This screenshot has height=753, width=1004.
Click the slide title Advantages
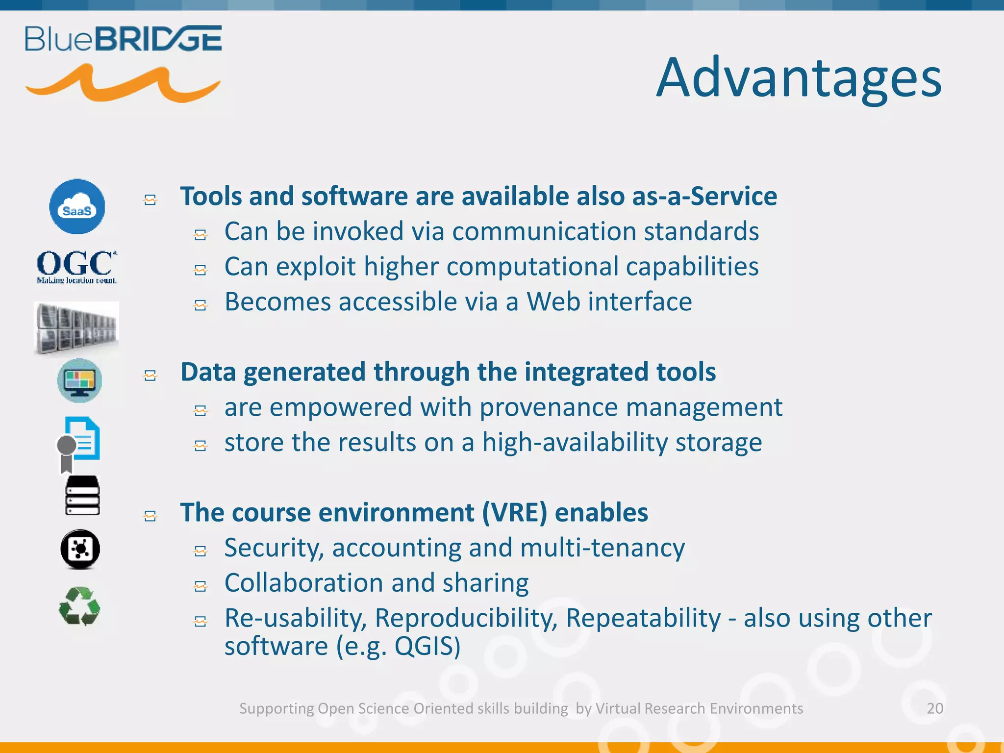[x=799, y=78]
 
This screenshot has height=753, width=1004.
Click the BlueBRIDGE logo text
[x=123, y=39]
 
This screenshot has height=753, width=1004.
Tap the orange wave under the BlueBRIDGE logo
[x=123, y=84]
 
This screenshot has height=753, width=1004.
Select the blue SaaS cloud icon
[x=77, y=206]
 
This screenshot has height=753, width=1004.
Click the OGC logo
[x=77, y=266]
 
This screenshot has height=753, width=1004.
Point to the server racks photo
[x=76, y=328]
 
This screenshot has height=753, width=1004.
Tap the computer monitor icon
[x=79, y=381]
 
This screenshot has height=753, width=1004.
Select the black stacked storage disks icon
[x=82, y=495]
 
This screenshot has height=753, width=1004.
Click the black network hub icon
[x=80, y=549]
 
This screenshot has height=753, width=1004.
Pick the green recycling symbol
[x=79, y=607]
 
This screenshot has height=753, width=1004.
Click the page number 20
[x=935, y=708]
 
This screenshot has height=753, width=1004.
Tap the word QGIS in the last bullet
[x=427, y=646]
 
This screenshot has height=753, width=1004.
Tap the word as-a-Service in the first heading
[x=704, y=197]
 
